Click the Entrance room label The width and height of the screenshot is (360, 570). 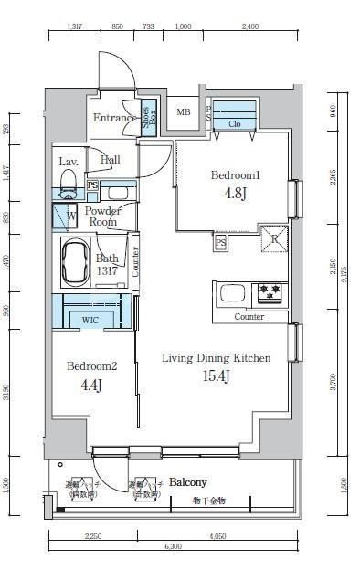[x=115, y=118]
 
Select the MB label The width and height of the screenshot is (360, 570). [x=184, y=113]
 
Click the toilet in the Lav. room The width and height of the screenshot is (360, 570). [x=67, y=194]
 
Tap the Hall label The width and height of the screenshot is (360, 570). [x=110, y=161]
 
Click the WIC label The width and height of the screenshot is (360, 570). [x=90, y=321]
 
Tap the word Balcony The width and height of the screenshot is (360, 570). [x=188, y=481]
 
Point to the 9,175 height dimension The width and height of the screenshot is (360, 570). [x=348, y=274]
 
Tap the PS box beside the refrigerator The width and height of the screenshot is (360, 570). [x=220, y=244]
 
